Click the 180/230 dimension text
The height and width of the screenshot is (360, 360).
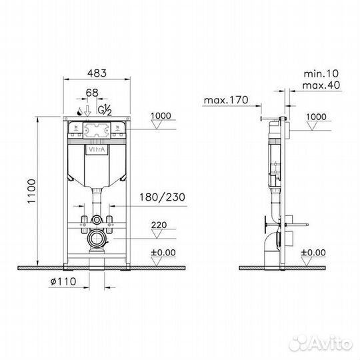tap(163, 197)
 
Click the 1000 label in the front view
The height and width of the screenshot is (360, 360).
tap(161, 115)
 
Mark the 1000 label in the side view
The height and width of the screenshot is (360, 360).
tap(315, 117)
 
